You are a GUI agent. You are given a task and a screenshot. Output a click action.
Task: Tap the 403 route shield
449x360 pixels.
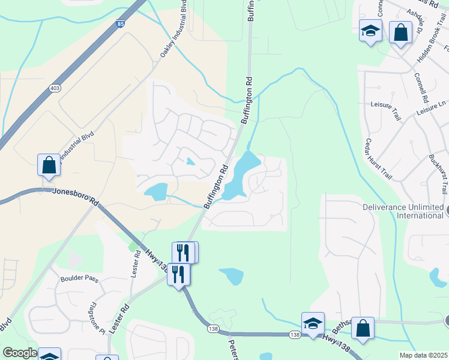[55, 88]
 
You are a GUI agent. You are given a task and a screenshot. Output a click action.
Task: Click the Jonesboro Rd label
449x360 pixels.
[75, 196]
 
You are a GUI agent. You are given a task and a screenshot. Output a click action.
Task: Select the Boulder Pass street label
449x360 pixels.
[79, 278]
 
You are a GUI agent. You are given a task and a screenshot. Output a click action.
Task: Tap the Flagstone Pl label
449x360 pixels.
[98, 319]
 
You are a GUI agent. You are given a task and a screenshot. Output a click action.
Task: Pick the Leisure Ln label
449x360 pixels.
[432, 109]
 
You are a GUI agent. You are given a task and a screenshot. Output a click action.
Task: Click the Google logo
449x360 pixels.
[20, 353]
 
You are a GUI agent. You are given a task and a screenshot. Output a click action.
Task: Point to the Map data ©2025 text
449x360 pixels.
[423, 355]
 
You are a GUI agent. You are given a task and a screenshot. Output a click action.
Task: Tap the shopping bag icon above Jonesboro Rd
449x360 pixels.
[49, 165]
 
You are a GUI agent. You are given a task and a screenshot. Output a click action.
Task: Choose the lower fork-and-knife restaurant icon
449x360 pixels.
[178, 274]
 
